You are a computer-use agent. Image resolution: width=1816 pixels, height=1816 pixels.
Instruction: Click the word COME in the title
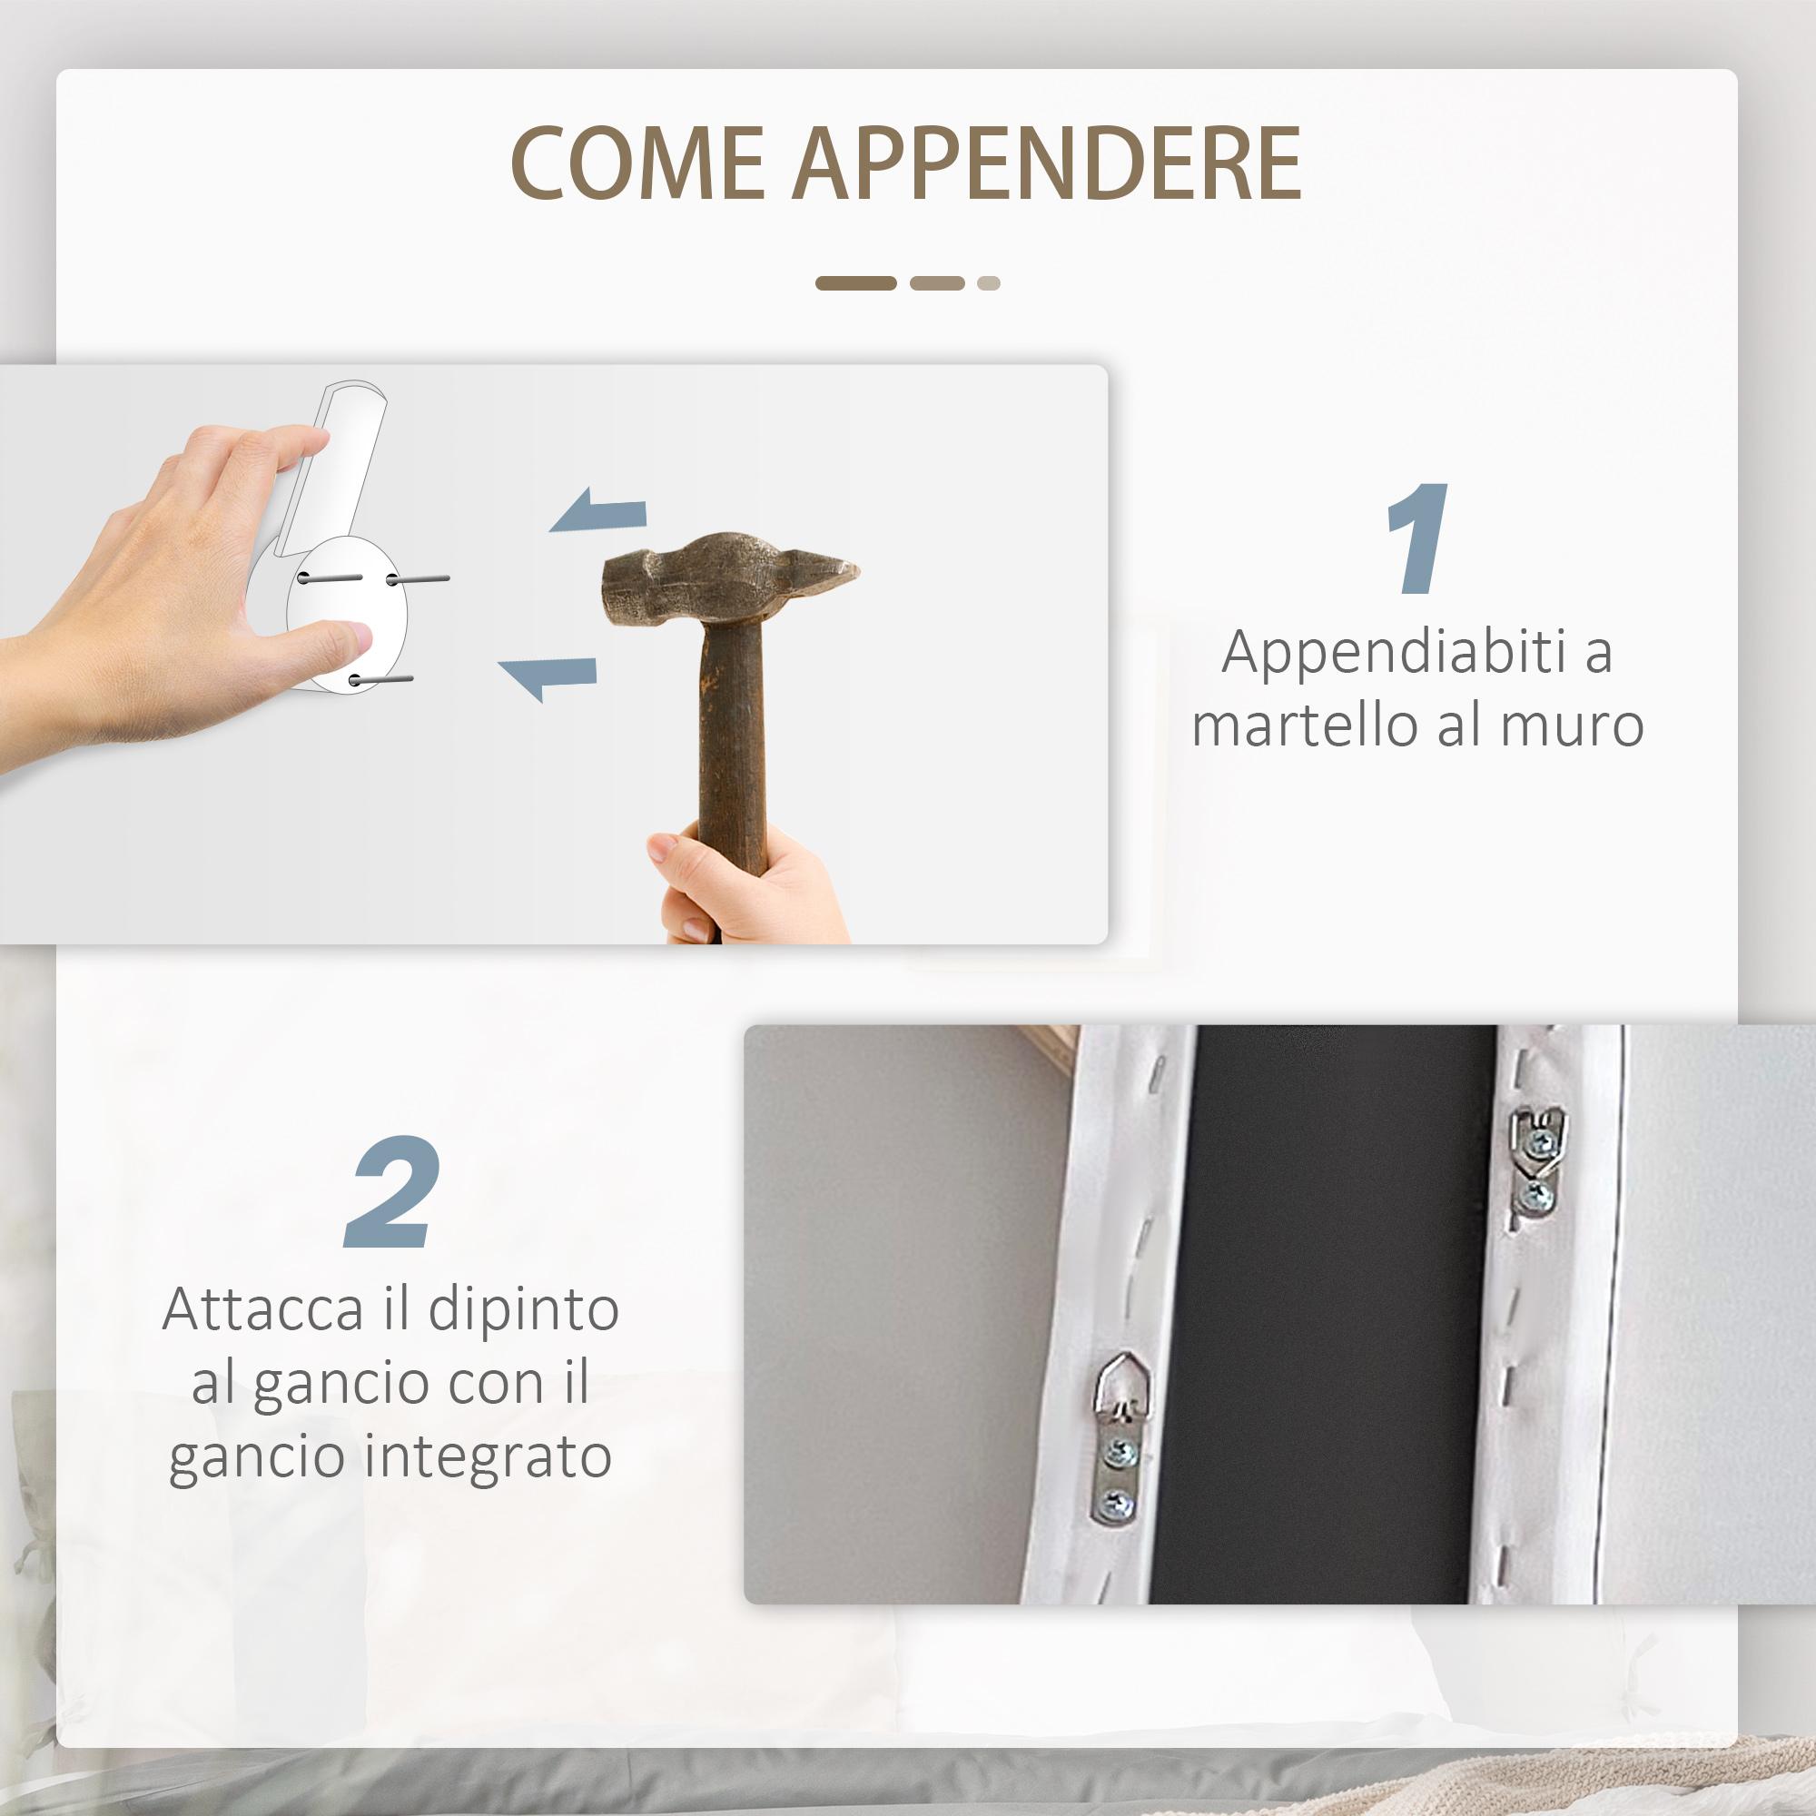[x=637, y=163]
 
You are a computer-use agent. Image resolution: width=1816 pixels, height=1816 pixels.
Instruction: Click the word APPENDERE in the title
[x=1047, y=163]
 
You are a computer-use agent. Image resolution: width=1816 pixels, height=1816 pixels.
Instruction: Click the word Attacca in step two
[x=262, y=1310]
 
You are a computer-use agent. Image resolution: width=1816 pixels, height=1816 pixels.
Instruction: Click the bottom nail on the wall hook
[x=380, y=678]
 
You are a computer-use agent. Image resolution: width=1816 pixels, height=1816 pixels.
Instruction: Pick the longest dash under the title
[x=855, y=283]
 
